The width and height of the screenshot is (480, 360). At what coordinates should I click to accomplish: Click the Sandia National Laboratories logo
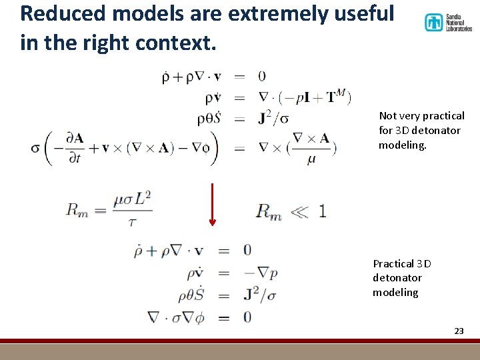448,22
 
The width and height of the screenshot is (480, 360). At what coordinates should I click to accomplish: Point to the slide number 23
458,331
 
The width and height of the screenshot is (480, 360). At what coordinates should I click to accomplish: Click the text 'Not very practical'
421,115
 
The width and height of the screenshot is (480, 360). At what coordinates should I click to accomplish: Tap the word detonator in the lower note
397,277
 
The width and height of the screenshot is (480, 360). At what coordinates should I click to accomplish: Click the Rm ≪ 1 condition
291,212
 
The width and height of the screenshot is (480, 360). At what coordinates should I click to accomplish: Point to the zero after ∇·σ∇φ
247,317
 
